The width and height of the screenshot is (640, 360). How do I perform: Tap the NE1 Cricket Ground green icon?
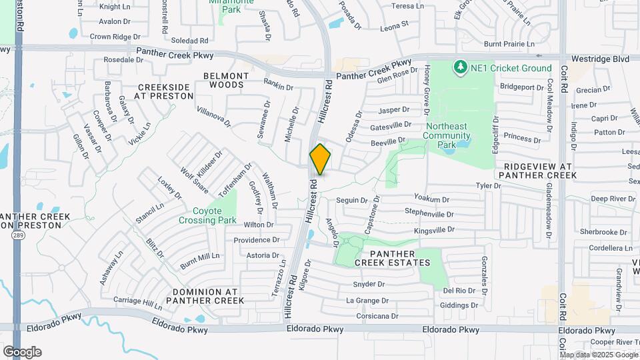459,67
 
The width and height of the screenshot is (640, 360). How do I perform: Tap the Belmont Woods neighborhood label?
226,80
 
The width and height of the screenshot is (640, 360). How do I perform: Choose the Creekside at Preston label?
163,91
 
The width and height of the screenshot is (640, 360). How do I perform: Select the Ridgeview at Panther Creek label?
539,171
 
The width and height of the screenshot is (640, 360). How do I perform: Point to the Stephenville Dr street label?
429,214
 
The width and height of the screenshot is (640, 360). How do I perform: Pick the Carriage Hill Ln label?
137,303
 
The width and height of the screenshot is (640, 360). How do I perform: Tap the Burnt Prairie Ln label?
509,44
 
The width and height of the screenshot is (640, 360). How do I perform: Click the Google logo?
22,351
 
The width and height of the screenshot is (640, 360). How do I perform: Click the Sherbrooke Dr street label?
603,232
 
